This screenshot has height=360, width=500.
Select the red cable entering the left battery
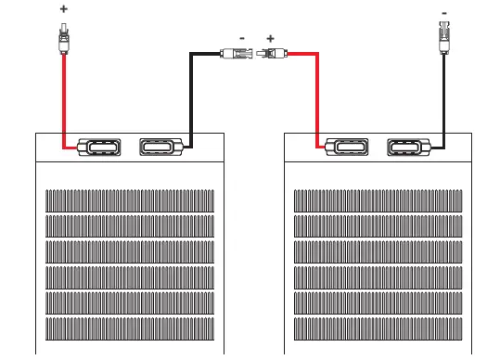click(x=63, y=102)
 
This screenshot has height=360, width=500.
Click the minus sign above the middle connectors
click(x=242, y=39)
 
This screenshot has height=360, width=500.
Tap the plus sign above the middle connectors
click(x=270, y=39)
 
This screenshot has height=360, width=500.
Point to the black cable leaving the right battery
click(x=442, y=102)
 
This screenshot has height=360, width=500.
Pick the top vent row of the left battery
click(x=130, y=200)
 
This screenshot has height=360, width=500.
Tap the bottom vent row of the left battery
click(x=130, y=328)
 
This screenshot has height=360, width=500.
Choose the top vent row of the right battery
click(x=378, y=200)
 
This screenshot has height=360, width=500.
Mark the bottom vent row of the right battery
click(x=378, y=328)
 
